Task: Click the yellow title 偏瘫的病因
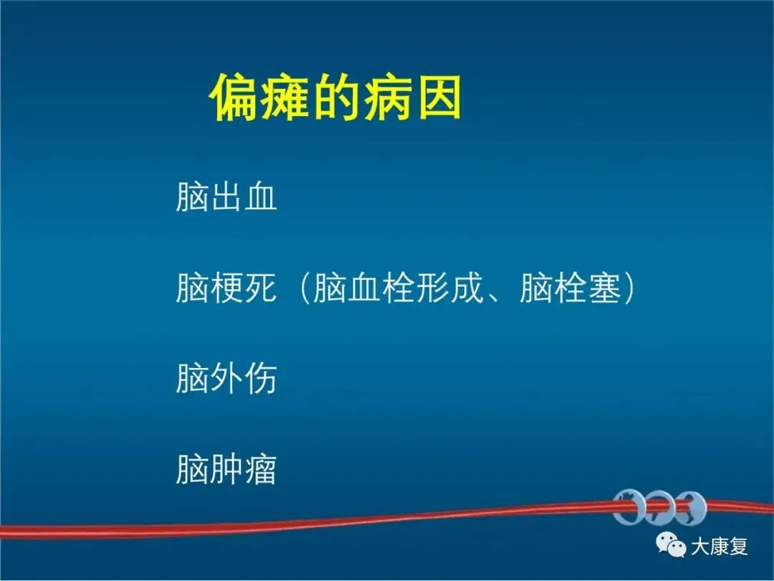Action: [x=335, y=98]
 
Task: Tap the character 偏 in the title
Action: [x=234, y=98]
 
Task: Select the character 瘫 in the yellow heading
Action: [x=285, y=98]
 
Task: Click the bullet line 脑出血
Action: [x=226, y=197]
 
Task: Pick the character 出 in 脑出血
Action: [x=226, y=197]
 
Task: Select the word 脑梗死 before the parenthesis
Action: [x=226, y=288]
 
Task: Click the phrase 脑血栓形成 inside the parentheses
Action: [x=398, y=288]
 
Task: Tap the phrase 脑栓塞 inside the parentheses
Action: [x=570, y=288]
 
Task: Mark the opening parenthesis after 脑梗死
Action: [x=304, y=288]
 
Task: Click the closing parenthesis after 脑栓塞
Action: [x=629, y=288]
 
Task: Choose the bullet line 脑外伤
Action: [x=226, y=379]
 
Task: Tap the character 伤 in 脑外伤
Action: [x=261, y=379]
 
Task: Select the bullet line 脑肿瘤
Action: [x=226, y=469]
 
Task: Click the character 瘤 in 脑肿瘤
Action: [x=261, y=469]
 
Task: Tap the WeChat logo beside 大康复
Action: [x=671, y=544]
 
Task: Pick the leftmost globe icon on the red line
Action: [x=629, y=507]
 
